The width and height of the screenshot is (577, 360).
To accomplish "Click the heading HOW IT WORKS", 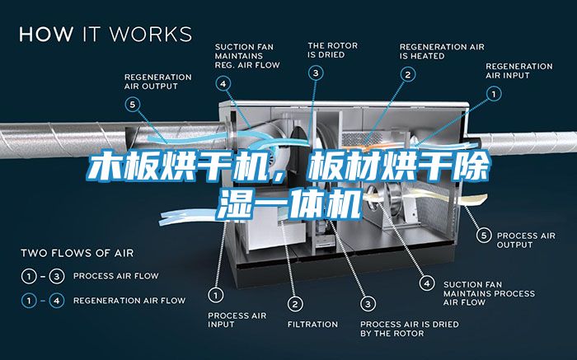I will coord(106,34).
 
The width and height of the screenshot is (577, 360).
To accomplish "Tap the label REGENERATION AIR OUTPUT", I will coord(157,82).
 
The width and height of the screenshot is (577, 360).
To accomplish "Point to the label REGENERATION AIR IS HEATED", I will coord(442,50).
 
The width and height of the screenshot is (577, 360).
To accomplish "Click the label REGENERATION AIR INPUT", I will coord(519,70).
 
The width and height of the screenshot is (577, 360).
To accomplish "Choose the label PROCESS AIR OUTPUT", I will coord(526,240).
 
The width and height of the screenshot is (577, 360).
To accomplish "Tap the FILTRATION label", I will coord(312,324).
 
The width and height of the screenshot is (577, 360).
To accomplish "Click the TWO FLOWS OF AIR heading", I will coord(77,252).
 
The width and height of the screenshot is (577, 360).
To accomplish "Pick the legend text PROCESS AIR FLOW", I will coord(116,275).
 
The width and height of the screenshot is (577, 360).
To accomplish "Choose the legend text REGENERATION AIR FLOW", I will coord(129,301).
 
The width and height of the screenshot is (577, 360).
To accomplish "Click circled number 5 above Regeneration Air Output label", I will coord(134,104).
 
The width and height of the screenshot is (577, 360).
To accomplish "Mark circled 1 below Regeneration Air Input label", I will coord(495,95).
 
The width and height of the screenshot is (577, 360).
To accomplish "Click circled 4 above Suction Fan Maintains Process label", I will coord(426,282).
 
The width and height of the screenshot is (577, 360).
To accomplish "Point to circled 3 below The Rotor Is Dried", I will coord(317,72).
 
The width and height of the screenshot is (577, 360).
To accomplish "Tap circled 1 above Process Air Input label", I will coord(216,293).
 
